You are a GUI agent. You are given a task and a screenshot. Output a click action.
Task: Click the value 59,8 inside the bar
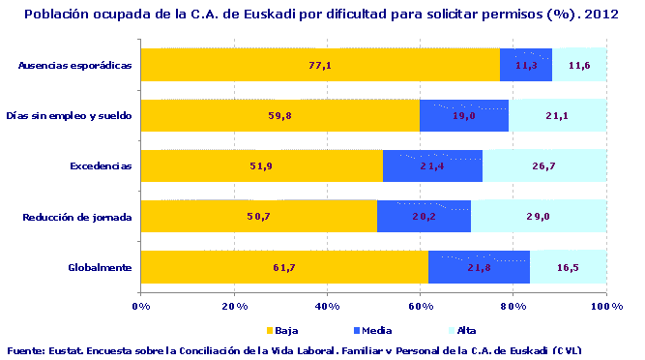(279, 116)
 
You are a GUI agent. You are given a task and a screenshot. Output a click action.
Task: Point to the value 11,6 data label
(580, 66)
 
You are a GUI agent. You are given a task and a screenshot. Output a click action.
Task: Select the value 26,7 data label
(543, 166)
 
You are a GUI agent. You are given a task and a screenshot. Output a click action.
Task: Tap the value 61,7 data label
(284, 267)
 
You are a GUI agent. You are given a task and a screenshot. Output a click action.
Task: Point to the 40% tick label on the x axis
(327, 306)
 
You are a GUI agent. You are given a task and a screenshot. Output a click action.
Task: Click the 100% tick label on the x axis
(605, 306)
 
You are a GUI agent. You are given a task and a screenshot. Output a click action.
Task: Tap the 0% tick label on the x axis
(140, 306)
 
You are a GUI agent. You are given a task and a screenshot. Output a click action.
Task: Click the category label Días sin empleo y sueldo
(69, 115)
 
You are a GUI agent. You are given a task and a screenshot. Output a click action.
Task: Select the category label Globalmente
(100, 266)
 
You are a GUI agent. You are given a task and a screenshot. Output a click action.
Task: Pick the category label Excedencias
(101, 165)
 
